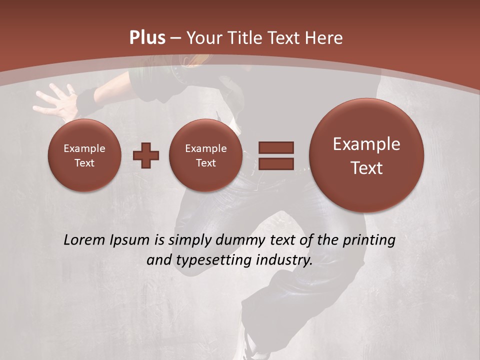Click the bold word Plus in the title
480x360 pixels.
pos(147,38)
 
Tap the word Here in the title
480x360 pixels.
pos(324,38)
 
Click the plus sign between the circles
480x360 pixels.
pos(146,155)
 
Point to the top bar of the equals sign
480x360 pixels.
pos(276,147)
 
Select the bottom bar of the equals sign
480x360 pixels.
pos(276,163)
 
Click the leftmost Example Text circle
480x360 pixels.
pos(84,155)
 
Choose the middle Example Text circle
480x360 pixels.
pos(206,155)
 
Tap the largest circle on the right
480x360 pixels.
pos(366,155)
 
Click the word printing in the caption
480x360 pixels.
pos(370,240)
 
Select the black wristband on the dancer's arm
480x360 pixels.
pos(89,100)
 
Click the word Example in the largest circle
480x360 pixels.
pos(366,144)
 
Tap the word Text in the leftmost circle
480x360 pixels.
pos(84,163)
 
